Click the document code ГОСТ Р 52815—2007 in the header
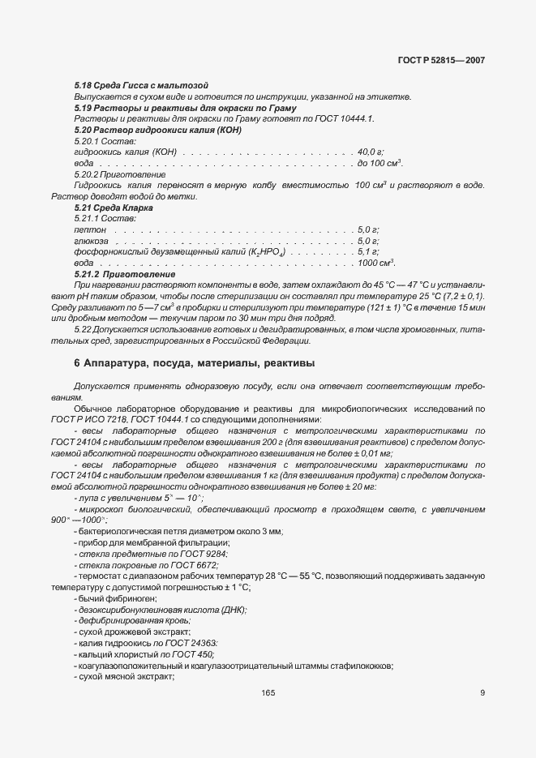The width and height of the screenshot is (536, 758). point(441,60)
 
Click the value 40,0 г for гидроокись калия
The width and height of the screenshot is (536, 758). point(370,152)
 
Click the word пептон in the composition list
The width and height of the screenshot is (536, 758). point(89,230)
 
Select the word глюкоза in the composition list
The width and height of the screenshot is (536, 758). point(91,241)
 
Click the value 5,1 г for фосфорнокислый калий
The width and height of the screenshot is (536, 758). point(368,252)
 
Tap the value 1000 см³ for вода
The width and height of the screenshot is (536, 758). point(375,263)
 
